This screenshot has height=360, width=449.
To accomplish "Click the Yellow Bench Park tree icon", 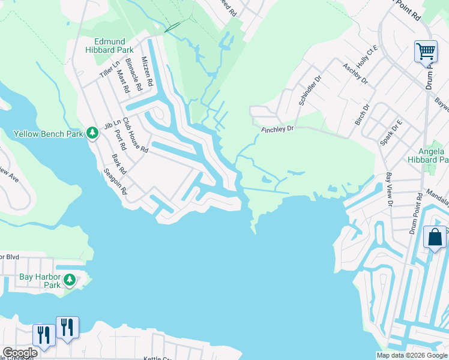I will point(92,132).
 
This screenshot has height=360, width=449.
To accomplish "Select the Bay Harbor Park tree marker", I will point(70,280).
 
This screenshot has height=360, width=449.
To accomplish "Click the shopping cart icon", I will point(426,52).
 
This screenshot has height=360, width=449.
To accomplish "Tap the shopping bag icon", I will point(435,236).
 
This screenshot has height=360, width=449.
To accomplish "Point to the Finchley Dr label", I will point(277,128).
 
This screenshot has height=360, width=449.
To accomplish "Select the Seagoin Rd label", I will point(115,181).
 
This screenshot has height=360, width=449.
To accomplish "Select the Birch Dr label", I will point(362,113).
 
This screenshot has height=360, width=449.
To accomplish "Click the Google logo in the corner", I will point(20,353).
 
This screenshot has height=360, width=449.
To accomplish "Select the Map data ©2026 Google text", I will point(411,355).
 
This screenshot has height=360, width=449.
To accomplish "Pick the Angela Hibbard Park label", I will point(429,155).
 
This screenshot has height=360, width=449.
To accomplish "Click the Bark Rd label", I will point(118,165).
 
